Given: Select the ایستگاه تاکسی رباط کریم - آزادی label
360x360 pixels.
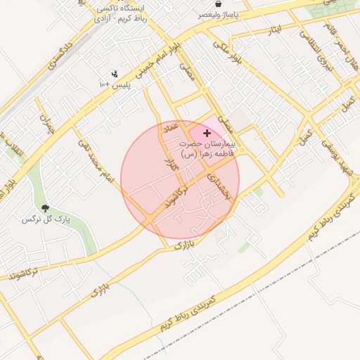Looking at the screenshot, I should pos(121,14).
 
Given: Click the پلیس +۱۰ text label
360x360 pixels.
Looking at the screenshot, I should pos(115,84).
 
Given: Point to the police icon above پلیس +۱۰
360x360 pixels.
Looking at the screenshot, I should pos(115,73).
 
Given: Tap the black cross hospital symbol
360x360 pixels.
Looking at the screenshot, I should pos(206,133).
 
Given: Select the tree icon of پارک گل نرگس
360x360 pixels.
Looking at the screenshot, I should pos(46,208).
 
